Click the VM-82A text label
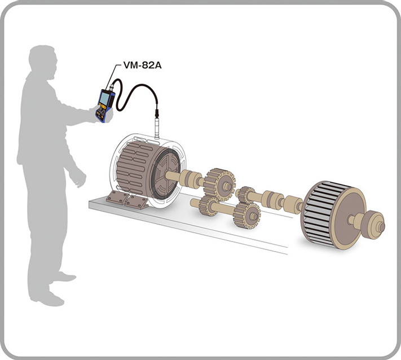[143, 65]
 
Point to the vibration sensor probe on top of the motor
[157, 128]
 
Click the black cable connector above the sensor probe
[157, 113]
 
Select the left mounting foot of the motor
[117, 197]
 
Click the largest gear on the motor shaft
[220, 184]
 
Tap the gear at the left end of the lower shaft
[209, 206]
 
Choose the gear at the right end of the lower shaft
[247, 216]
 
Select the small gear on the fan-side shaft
[245, 195]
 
